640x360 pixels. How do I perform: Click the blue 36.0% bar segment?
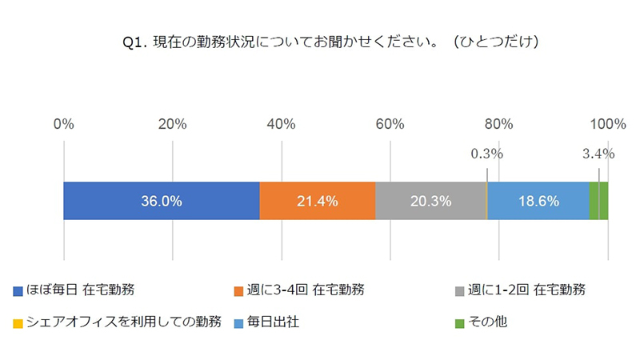pos(161,201)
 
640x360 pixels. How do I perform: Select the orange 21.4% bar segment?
pos(318,201)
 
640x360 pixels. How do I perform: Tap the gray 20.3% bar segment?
pos(430,201)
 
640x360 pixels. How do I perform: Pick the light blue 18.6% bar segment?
pos(538,201)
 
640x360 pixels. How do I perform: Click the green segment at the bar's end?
pos(598,201)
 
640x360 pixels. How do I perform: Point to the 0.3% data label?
pos(486,153)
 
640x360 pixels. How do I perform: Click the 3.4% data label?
pos(598,153)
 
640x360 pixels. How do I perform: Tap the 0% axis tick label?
pos(63,124)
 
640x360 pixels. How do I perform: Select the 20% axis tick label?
pos(172,124)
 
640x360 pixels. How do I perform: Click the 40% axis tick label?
pos(281,124)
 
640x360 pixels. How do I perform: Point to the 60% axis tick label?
pos(390,124)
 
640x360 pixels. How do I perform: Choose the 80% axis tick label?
pos(498,124)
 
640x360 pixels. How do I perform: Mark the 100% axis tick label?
pos(607,124)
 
